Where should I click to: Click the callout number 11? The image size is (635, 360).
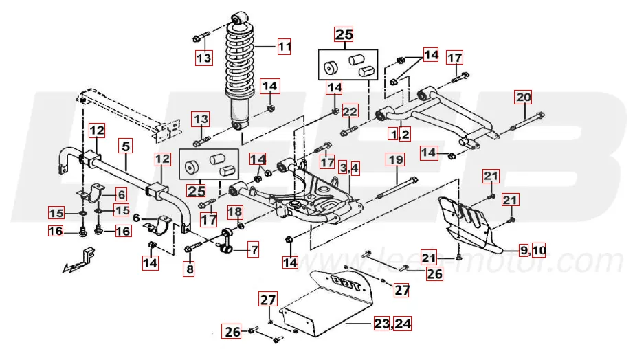(284, 47)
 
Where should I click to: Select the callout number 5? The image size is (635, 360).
(126, 145)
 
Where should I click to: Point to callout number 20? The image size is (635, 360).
(523, 97)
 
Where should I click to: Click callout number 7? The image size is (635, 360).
(254, 250)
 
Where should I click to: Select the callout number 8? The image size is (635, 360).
(189, 270)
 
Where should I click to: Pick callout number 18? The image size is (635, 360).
(234, 212)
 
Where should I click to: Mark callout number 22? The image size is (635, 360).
(350, 111)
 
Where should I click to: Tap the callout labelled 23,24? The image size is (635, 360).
(392, 323)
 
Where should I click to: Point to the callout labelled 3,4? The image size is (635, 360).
(348, 167)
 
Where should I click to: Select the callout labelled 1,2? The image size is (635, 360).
(400, 134)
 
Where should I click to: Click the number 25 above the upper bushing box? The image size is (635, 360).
(344, 34)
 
